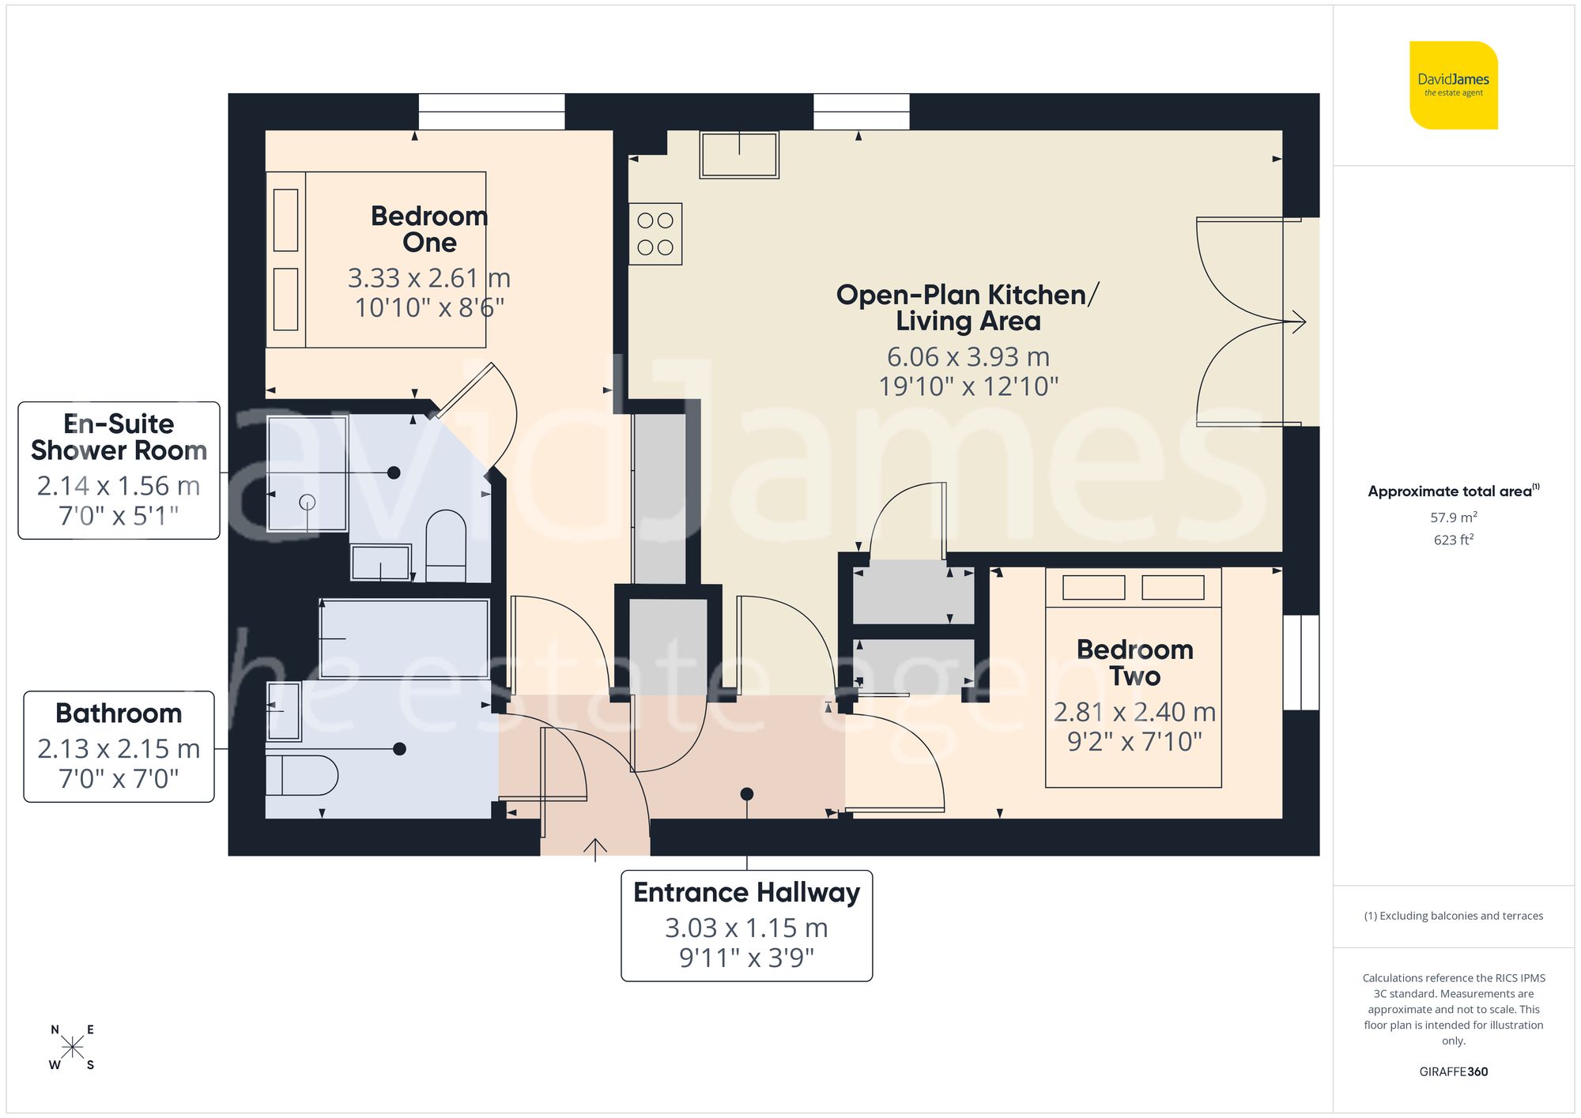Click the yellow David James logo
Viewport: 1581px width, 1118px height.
[x=1453, y=85]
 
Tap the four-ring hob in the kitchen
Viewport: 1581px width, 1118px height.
[x=655, y=234]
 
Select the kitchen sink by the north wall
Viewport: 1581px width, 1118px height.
[x=739, y=155]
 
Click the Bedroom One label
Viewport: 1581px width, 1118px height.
[x=429, y=229]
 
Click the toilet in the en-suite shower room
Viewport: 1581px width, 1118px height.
[x=446, y=545]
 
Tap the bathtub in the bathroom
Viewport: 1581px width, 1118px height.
[x=404, y=638]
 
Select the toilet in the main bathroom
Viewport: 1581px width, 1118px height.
[x=302, y=775]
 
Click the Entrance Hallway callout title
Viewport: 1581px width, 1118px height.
[x=746, y=893]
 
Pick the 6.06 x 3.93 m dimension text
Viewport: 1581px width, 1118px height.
[x=968, y=357]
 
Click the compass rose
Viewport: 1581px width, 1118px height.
[x=72, y=1048]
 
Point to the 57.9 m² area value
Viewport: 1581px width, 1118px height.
[x=1453, y=518]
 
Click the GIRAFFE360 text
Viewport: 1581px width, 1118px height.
[x=1453, y=1071]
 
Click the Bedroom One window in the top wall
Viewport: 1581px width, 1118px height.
[x=491, y=111]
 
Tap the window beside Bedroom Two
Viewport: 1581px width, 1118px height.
[x=1300, y=662]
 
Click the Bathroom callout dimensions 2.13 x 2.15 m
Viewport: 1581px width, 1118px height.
[x=119, y=748]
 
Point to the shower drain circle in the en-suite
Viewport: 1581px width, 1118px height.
[x=308, y=502]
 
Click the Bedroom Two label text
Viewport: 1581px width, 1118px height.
[x=1134, y=663]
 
